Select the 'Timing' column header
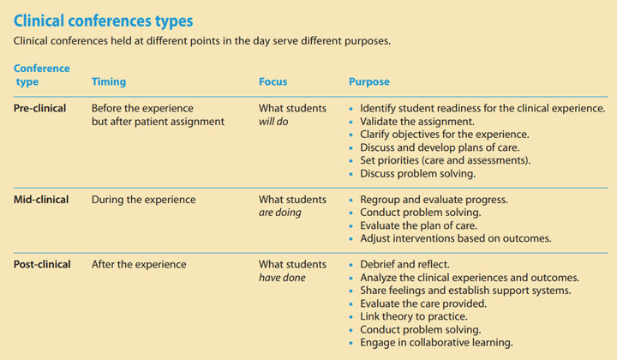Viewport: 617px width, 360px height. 109,82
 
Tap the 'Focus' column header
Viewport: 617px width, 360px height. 273,82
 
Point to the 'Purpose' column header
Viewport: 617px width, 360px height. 368,82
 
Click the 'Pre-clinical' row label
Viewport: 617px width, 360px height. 40,109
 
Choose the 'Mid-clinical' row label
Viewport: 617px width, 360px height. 41,200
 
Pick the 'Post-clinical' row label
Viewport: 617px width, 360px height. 43,265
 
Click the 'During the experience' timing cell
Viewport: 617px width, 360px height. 143,200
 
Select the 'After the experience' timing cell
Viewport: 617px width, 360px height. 139,265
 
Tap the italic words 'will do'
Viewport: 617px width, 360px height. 275,122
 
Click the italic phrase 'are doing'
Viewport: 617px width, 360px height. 280,213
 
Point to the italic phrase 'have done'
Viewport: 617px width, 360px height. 283,278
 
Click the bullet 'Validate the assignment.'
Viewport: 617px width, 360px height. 419,122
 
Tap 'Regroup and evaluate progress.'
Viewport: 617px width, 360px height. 434,200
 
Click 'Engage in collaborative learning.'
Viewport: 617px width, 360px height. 437,342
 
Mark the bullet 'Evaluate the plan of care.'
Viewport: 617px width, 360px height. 423,225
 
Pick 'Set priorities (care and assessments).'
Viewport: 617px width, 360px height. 446,160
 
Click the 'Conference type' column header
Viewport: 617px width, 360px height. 42,75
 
